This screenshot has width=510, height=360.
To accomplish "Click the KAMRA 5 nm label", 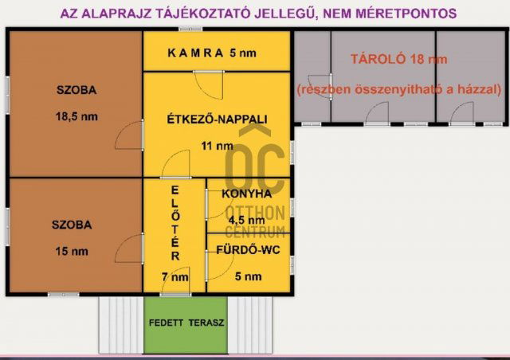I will (212, 54).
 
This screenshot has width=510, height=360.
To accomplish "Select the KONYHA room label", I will (247, 194).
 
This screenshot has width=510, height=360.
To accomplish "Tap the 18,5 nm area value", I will (77, 116).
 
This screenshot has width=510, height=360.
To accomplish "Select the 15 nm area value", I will (73, 252).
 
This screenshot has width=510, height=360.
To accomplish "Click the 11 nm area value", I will (217, 146).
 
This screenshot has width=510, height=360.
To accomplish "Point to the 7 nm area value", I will (175, 277).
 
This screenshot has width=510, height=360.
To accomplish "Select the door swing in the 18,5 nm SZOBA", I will (127, 137).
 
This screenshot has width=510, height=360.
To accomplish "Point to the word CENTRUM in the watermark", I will (255, 232).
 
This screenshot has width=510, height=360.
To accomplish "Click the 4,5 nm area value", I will (246, 221).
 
